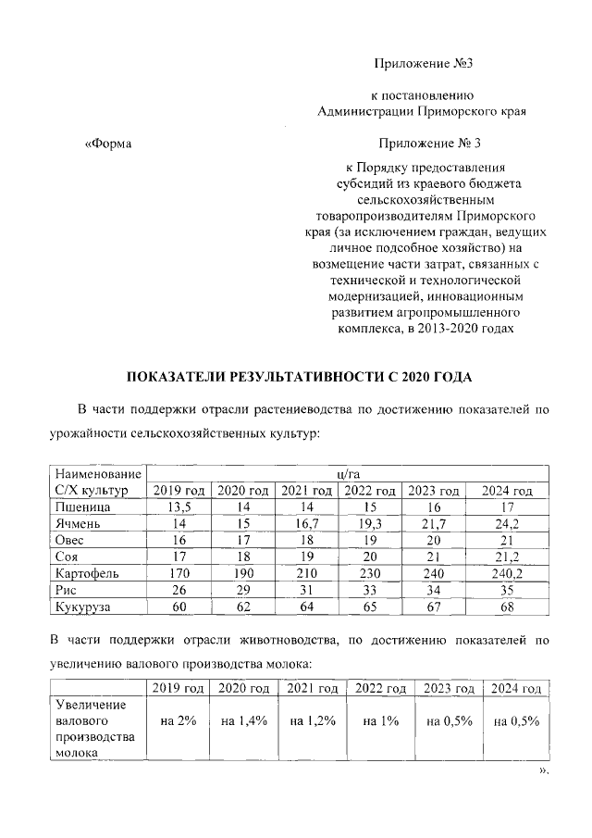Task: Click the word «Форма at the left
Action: click(108, 144)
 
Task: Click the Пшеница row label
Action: click(83, 507)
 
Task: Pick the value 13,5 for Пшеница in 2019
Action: click(179, 507)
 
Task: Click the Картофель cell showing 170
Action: click(179, 573)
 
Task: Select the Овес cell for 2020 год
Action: click(242, 541)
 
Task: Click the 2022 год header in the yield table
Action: click(370, 491)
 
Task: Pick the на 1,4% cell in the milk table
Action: click(242, 721)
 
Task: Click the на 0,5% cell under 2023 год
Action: click(449, 721)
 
